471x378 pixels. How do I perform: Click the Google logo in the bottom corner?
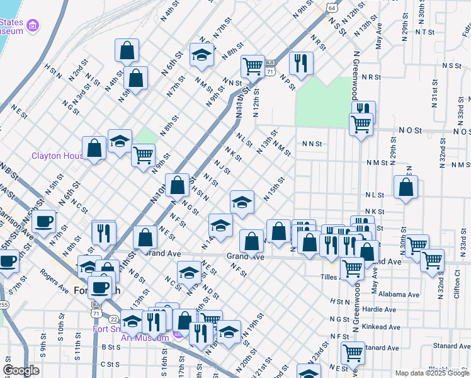pos(21,370)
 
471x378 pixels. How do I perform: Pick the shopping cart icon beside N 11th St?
pos(253,65)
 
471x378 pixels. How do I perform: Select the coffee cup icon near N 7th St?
pos(44,221)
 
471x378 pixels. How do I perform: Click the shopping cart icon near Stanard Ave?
pos(353,352)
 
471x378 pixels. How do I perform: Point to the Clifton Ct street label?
pos(457,285)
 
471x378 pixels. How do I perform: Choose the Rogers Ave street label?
pos(55,282)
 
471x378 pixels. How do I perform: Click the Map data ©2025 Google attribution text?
pos(431,373)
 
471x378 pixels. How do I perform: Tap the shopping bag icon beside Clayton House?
pos(94,148)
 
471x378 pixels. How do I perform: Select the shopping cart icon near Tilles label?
pos(352,268)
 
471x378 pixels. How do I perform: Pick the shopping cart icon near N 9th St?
pos(144,154)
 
